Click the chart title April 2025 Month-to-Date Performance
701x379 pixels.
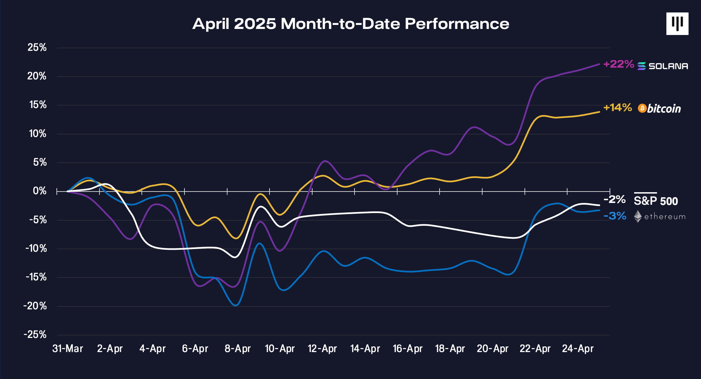click(x=350, y=24)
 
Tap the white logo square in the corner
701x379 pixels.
click(x=677, y=24)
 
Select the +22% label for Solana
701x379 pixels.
click(x=618, y=64)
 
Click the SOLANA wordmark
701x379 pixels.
click(x=668, y=66)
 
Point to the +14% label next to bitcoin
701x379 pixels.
click(x=617, y=108)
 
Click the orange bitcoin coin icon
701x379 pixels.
click(x=642, y=108)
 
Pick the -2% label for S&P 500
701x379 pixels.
click(x=614, y=199)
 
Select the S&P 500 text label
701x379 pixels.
click(x=656, y=201)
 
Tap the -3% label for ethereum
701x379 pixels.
click(x=615, y=216)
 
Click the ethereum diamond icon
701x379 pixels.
click(x=637, y=216)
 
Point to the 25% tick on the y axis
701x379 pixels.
click(x=37, y=47)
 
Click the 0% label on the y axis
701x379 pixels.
click(x=40, y=191)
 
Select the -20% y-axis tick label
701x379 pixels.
click(x=35, y=306)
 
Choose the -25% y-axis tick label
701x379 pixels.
click(x=35, y=335)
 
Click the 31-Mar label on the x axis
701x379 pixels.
click(x=68, y=349)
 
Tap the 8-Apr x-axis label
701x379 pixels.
click(x=238, y=349)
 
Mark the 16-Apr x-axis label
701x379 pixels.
click(x=407, y=349)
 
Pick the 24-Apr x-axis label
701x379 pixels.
click(x=578, y=349)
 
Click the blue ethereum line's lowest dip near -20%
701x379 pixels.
click(x=236, y=305)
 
